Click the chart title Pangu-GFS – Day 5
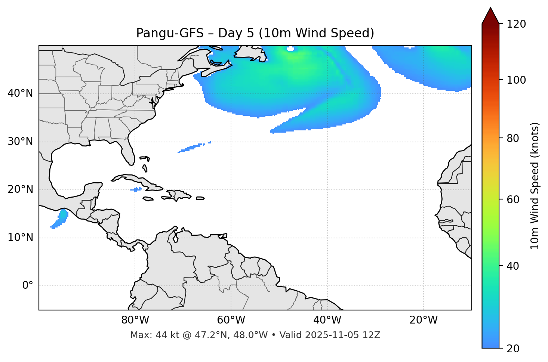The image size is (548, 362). point(255,33)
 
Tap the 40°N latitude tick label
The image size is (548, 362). point(20,93)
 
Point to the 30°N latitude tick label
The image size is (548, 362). point(20,142)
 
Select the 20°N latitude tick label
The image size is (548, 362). point(20,189)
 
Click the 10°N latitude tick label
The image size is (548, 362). point(20,238)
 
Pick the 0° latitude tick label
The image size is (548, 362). point(28,286)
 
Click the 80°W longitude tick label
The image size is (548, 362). point(135,320)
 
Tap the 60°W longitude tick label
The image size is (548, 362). point(231,320)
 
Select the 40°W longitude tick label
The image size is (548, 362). point(327,320)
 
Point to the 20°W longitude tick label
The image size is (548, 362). point(423,320)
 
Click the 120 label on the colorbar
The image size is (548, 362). point(516,24)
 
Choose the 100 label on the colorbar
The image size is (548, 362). point(516,80)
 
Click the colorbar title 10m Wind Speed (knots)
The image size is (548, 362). point(535,186)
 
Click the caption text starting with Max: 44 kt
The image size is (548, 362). point(255,335)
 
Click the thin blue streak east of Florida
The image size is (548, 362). point(192,148)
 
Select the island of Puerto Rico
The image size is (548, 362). point(200,198)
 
